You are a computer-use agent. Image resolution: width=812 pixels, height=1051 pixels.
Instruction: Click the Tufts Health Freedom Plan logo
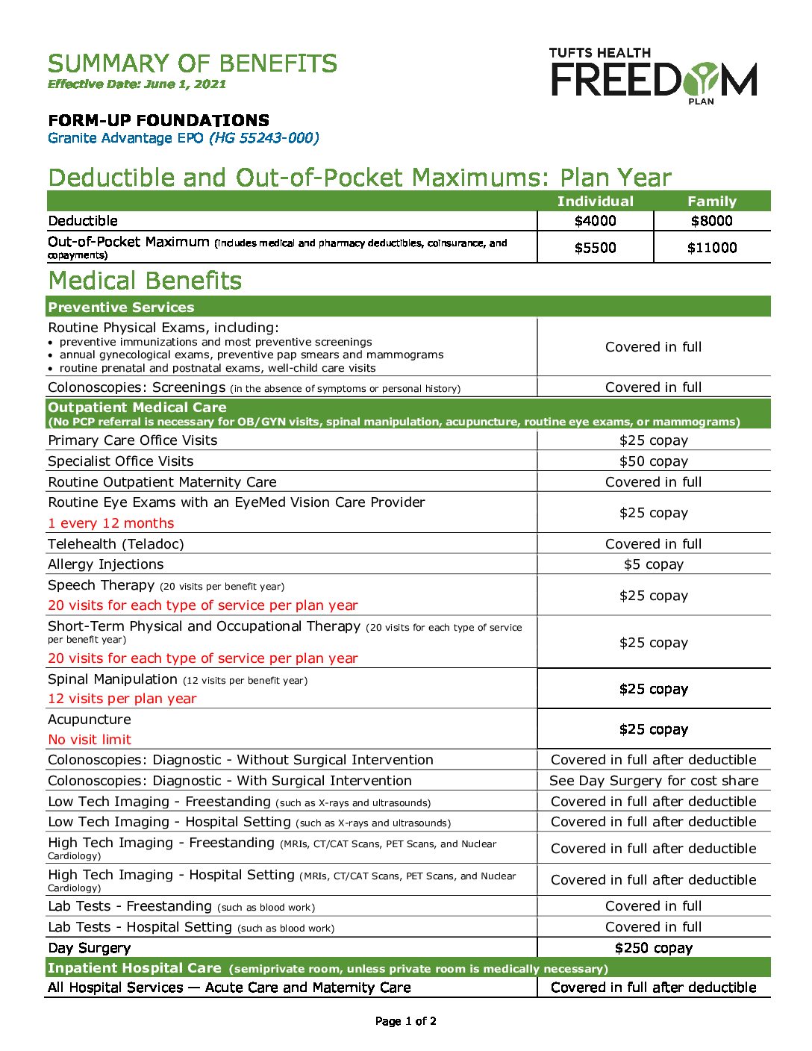(653, 76)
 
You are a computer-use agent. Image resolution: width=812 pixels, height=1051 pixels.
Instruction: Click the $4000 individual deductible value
(595, 221)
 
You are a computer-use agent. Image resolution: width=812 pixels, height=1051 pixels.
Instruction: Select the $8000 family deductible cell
(711, 221)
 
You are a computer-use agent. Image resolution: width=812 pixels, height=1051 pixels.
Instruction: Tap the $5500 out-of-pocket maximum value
(595, 248)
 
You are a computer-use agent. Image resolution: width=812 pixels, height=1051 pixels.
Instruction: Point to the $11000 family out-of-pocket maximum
(711, 248)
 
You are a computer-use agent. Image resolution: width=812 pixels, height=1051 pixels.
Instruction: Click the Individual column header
(595, 202)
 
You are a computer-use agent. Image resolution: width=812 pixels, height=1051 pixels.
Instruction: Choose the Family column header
(711, 202)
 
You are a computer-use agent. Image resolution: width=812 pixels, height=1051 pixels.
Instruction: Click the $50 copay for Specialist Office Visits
(653, 461)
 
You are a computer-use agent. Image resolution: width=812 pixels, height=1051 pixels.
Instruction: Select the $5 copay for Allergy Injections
(653, 564)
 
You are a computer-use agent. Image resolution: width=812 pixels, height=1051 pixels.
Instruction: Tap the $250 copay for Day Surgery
(653, 948)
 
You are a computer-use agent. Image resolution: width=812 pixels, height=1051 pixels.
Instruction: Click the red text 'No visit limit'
(90, 740)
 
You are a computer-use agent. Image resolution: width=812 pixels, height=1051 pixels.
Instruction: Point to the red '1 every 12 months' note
(110, 523)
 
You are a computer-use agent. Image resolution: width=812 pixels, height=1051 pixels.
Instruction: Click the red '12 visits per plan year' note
(122, 699)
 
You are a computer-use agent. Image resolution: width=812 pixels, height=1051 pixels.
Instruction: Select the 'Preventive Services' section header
(121, 308)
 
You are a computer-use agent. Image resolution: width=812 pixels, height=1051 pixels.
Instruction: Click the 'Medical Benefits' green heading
(145, 281)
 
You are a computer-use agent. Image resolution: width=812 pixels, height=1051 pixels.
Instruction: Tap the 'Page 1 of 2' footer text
(405, 1021)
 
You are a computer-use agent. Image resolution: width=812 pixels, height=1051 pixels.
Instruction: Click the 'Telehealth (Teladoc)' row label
(116, 544)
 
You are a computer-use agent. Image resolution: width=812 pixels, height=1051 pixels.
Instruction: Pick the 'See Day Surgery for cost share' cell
(653, 781)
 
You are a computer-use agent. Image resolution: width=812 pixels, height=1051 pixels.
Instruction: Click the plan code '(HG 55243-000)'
(264, 138)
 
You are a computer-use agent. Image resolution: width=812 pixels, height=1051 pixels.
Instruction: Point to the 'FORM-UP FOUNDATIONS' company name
(158, 120)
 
